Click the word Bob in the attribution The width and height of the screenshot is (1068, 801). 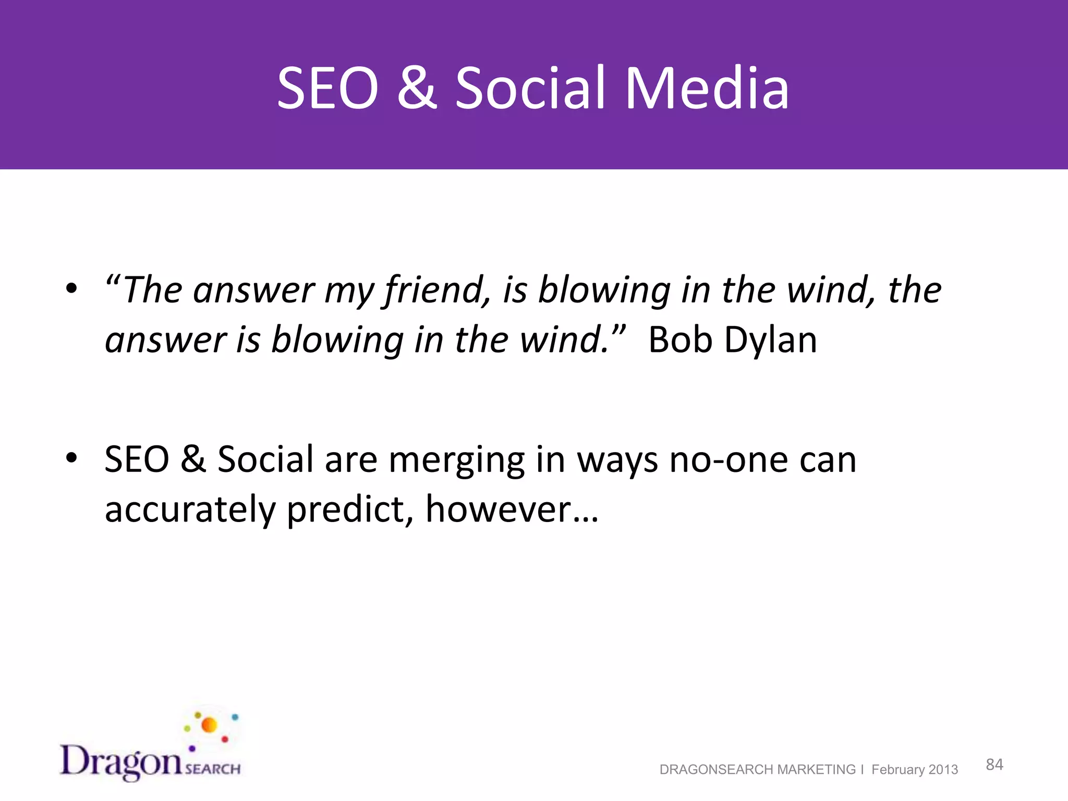680,340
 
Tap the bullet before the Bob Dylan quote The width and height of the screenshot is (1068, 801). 71,288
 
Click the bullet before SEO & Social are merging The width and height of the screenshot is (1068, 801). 71,458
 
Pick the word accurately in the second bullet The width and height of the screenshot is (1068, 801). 190,510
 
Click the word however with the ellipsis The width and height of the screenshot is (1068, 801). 511,510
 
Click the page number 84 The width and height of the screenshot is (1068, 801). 994,764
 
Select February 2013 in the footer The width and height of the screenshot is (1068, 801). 914,770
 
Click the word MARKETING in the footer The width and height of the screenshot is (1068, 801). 816,770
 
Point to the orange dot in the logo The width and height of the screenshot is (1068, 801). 209,725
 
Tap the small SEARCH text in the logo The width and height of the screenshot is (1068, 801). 213,769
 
